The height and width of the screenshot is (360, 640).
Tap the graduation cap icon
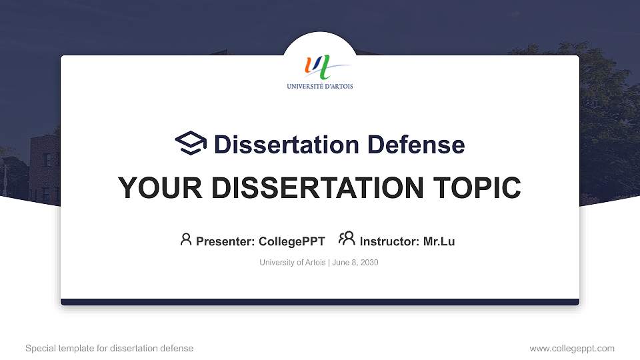point(191,143)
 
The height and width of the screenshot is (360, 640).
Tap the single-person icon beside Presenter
point(186,239)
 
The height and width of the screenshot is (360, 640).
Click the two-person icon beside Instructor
point(347,239)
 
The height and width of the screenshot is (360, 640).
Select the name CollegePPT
point(291,241)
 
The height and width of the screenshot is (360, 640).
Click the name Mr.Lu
point(439,241)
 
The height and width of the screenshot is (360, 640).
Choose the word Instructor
point(389,241)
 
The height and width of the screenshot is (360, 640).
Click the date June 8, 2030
point(355,263)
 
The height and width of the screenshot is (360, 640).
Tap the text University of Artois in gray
point(292,263)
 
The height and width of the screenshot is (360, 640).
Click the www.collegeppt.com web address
point(572,348)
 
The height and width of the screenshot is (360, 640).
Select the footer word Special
point(39,348)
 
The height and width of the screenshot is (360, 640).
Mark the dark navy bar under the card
point(320,302)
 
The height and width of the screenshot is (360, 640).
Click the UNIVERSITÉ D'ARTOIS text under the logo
point(320,86)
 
